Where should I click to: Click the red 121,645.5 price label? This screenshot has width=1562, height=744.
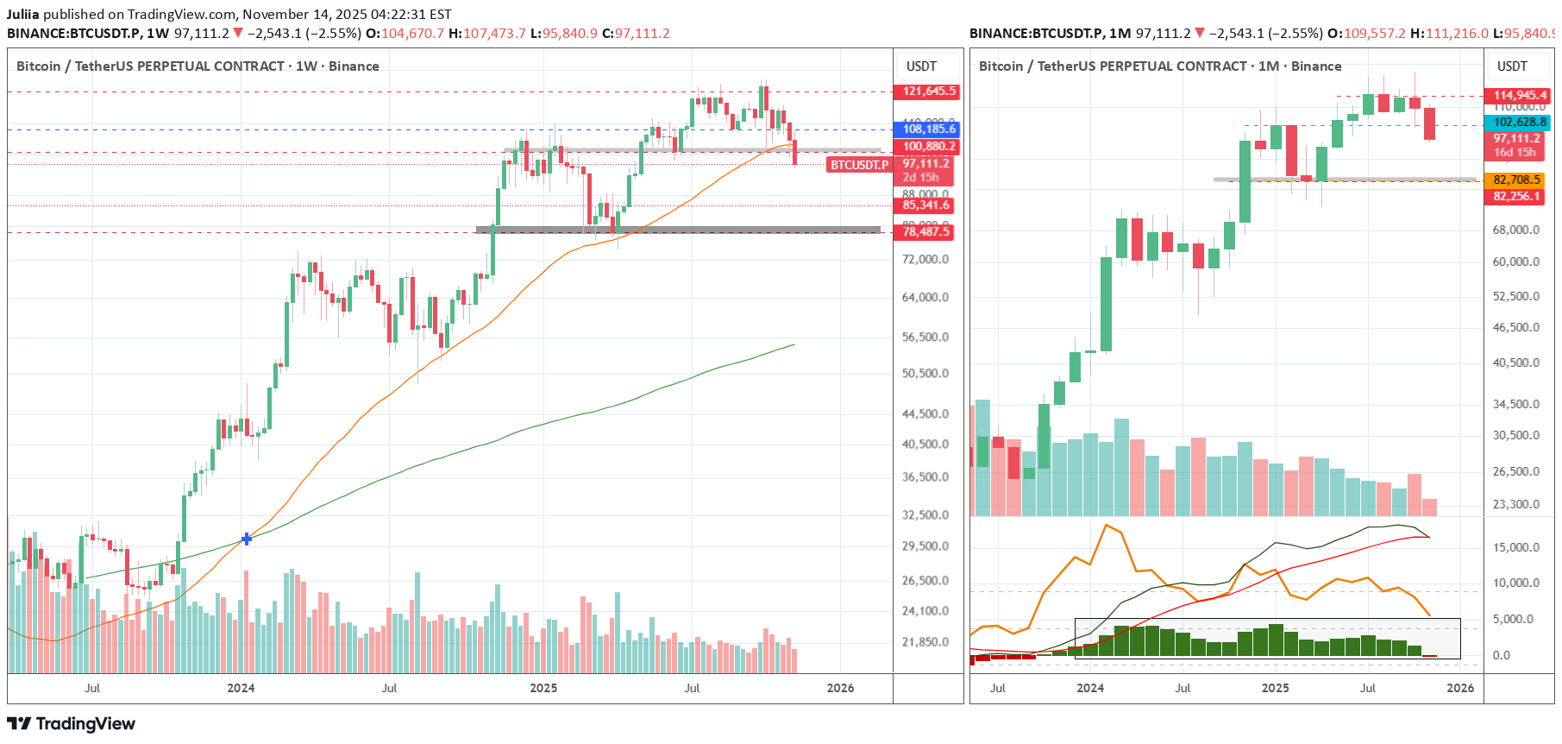coord(928,91)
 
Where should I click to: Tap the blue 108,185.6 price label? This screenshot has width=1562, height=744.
coord(928,129)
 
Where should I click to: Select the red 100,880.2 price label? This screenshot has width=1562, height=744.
coord(928,147)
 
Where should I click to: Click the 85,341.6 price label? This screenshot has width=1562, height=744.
coord(925,205)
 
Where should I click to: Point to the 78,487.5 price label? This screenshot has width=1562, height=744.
coord(925,232)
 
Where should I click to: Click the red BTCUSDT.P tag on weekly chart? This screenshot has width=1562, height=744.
coord(859,165)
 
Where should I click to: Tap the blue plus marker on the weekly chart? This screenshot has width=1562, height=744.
coord(247,539)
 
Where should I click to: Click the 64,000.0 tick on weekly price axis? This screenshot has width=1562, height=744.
coord(925,297)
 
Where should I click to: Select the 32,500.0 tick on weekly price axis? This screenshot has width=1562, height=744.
coord(925,514)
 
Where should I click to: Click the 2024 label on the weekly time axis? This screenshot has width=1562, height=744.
coord(241,688)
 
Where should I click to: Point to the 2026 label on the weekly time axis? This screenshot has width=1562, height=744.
coord(840,688)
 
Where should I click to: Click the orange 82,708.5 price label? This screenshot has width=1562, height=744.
coord(1516,180)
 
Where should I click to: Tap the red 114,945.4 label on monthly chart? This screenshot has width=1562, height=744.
coord(1520,96)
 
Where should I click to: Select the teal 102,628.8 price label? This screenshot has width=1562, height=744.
coord(1520,123)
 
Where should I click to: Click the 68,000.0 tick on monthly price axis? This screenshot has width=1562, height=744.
coord(1515,230)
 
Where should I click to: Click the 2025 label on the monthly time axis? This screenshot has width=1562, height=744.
coord(1275,688)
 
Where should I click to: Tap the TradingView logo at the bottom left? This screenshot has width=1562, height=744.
coord(72,723)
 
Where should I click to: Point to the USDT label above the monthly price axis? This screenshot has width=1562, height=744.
coord(1511,66)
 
